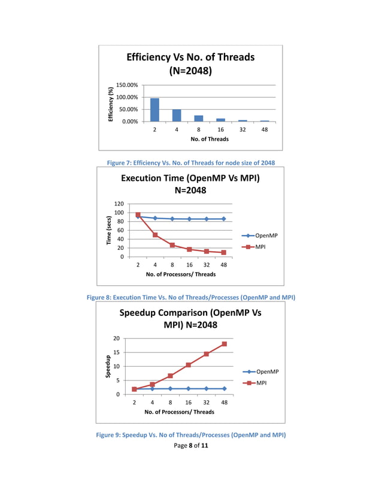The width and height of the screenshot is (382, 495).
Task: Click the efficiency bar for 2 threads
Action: (154, 110)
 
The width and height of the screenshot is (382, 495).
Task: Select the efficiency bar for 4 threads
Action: (177, 116)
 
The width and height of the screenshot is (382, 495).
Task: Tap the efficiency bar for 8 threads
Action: (199, 119)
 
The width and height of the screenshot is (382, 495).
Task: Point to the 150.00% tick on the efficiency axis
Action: (126, 85)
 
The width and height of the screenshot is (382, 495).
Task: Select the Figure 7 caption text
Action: (190, 162)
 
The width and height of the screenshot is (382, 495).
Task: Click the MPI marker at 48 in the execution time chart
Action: (224, 252)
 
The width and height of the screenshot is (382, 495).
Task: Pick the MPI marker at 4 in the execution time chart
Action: (155, 235)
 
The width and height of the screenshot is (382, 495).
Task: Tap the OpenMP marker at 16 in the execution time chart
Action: (189, 219)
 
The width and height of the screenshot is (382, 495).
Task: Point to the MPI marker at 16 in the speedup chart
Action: (189, 365)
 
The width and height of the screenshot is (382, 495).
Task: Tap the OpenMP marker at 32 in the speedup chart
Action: (207, 388)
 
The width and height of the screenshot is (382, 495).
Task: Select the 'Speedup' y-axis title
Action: (108, 366)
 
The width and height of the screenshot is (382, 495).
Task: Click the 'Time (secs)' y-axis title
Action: (109, 230)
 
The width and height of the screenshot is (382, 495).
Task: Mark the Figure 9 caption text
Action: (190, 434)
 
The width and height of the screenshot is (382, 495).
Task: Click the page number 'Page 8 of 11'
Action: (190, 445)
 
